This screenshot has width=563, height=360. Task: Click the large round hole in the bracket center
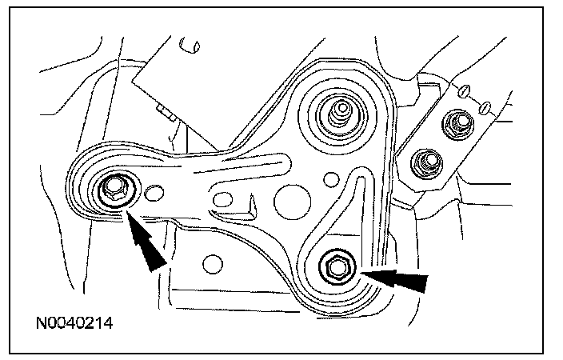pyautogui.click(x=289, y=201)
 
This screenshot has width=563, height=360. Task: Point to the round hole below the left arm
pyautogui.click(x=211, y=262)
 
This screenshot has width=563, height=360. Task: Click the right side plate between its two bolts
pyautogui.click(x=441, y=144)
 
